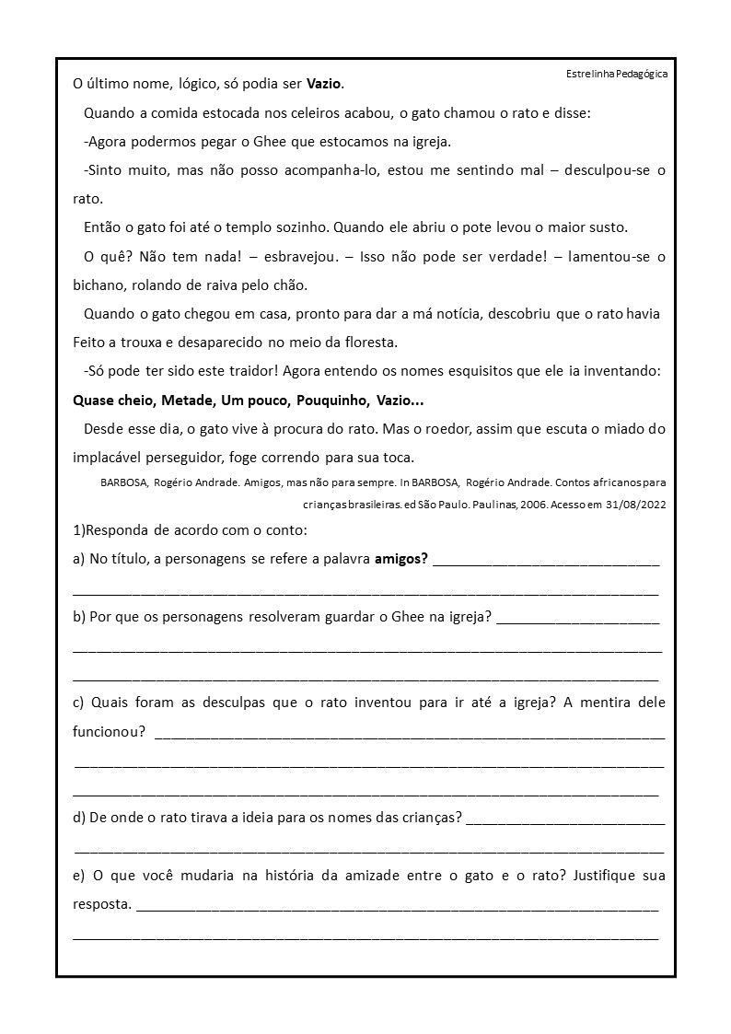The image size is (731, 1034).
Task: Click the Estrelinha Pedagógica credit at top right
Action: coord(617,73)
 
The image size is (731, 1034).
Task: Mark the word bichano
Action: coord(99,285)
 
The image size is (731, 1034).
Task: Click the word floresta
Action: coord(367,342)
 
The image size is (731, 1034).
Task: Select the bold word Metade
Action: coord(188,401)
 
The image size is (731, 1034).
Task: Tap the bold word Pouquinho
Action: coord(332,401)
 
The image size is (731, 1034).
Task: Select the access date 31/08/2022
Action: coord(631,504)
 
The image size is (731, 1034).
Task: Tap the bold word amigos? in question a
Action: coord(401,559)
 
